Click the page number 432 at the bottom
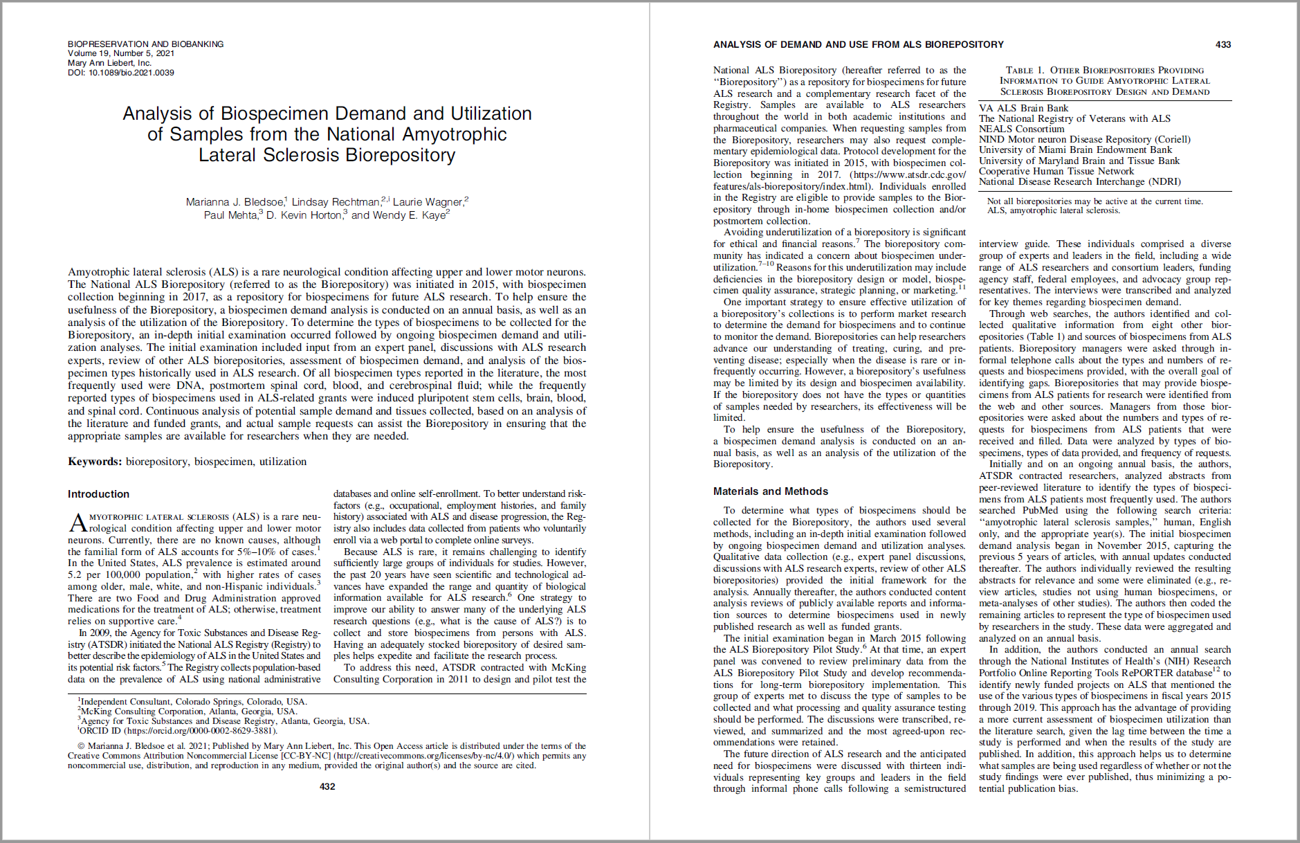pos(327,786)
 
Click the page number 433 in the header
pos(1223,44)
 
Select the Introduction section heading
pos(98,494)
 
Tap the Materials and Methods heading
pos(770,491)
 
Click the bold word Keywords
pos(95,462)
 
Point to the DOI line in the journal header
pos(120,73)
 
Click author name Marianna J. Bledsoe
pos(235,202)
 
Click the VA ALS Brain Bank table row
pos(1023,108)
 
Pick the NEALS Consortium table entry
pos(1021,129)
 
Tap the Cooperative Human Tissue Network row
pos(1056,171)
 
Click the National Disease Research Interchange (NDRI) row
pos(1079,181)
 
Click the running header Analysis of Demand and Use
pos(858,44)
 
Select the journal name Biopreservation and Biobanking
pos(145,44)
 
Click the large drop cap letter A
pos(77,523)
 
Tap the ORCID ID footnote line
pos(177,731)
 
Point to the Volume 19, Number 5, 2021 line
pos(120,53)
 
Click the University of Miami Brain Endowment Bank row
pos(1075,149)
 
